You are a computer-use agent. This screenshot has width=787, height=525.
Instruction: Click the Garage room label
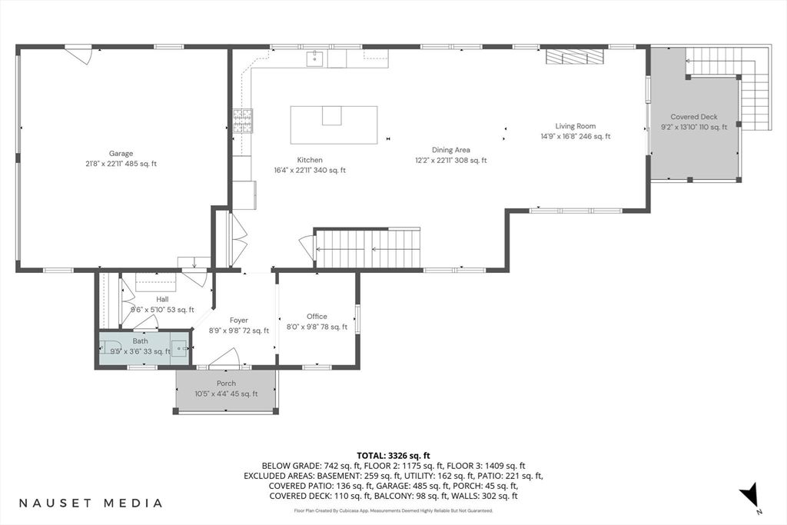coord(121,154)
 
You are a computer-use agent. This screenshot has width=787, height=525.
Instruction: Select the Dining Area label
coord(451,150)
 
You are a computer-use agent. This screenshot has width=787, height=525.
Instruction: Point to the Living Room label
coord(576,126)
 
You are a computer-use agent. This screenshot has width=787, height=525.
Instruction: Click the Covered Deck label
coord(693,117)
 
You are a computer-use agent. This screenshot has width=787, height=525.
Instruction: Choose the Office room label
coord(317,316)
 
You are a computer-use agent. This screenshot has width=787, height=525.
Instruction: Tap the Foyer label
coord(239,320)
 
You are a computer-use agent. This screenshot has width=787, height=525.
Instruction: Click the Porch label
coord(226,383)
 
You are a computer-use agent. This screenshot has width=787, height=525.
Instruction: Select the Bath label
coord(140,341)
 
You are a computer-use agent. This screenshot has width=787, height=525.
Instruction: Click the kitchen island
coord(334,125)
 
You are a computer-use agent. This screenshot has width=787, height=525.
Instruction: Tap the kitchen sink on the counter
coord(315,58)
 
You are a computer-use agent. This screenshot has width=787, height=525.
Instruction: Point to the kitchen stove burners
coord(244,120)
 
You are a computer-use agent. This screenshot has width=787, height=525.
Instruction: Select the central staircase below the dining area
coord(369,248)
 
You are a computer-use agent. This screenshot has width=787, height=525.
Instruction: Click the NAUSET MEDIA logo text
coord(91,503)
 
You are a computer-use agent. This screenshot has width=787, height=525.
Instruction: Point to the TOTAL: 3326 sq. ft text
coord(393,455)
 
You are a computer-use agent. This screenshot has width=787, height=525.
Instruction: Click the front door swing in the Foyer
coord(224,357)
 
